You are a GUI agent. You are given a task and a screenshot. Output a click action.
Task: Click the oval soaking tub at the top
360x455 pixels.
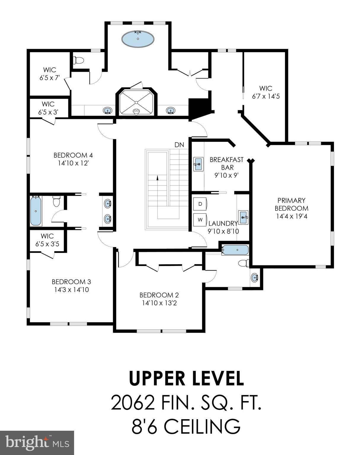coord(138,39)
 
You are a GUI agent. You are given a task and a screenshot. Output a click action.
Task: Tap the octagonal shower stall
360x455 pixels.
coord(136,102)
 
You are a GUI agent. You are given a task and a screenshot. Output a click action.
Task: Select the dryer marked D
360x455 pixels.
coord(200,204)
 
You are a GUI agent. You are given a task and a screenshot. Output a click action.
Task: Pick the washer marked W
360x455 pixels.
coord(200,220)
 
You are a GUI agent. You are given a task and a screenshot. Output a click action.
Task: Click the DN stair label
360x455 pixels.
coord(179,145)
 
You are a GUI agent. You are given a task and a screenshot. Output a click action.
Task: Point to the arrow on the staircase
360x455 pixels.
coord(157,177)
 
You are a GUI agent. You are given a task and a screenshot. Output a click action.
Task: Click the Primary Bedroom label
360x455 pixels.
coord(292,204)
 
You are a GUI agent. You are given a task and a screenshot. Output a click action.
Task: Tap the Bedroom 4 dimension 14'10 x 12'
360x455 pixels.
coord(73,163)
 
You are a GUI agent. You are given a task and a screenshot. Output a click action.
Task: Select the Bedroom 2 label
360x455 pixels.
coord(159,295)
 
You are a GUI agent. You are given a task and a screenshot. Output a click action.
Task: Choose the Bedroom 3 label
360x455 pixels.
coord(71,281)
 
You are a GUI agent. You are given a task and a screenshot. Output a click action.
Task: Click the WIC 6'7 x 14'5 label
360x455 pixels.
coord(266,92)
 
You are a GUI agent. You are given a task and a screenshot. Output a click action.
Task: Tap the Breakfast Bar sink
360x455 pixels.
coord(198,164)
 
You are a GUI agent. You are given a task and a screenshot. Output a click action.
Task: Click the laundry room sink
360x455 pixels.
coord(243,218)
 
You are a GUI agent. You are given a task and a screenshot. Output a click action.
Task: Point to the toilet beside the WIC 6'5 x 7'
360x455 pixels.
coord(79,61)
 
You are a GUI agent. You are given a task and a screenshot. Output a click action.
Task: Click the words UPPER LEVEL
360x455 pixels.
coord(186,379)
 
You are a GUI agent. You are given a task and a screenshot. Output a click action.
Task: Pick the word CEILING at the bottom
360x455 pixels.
coord(202,427)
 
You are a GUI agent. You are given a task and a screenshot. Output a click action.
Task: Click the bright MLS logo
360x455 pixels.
coord(37,443)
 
